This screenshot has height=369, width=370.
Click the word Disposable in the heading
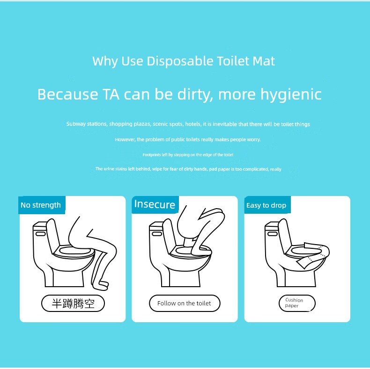coord(180,61)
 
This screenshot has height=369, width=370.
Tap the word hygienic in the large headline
coord(291,94)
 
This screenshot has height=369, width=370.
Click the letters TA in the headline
coord(111,94)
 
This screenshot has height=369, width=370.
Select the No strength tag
coord(42,205)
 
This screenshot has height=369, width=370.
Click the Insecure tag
coord(155,204)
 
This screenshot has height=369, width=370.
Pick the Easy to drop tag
coord(267,205)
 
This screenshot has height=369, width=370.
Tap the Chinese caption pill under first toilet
coord(73,303)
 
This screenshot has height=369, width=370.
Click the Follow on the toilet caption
coord(185,303)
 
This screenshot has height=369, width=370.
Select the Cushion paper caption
coord(297,303)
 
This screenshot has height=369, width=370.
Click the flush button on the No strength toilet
coord(41,234)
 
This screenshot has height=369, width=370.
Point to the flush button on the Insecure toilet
coord(157,234)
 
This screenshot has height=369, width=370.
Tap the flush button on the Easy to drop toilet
coord(273,234)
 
